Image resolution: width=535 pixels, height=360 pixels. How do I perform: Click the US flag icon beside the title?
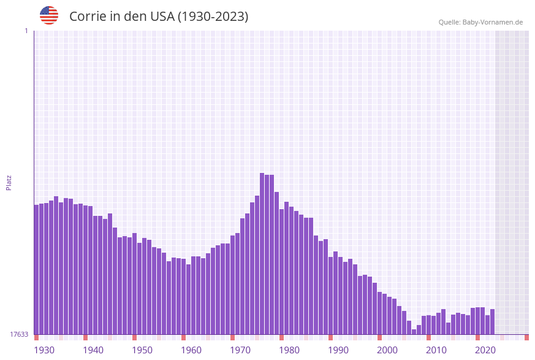pos(49,15)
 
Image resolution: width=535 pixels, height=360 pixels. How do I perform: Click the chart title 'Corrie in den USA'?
pos(159,17)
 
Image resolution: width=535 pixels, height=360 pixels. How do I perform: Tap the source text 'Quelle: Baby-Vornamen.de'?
pos(480,22)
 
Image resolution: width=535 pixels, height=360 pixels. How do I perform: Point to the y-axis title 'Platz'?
pos(9,182)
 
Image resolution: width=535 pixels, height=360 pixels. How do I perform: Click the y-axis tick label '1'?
pos(26,31)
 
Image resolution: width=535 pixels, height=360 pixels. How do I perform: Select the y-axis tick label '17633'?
pos(18,334)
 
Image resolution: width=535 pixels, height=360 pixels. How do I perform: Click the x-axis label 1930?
pos(44,350)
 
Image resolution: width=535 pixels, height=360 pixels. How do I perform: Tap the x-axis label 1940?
pos(93,350)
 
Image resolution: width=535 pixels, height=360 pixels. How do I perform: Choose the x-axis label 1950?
pos(142,350)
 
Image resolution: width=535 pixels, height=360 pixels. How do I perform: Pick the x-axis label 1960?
pos(191,350)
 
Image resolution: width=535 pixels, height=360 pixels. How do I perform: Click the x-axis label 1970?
pos(240,350)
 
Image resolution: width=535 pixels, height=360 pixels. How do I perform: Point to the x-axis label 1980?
pos(289,350)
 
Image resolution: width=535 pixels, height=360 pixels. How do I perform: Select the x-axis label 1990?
pos(338,350)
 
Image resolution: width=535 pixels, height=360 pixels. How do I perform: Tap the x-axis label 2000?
pos(387,350)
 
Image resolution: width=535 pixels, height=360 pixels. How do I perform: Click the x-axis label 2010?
pos(436,350)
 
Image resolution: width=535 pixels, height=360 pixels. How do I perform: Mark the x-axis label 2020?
pos(485,350)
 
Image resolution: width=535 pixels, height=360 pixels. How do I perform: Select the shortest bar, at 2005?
pos(414,332)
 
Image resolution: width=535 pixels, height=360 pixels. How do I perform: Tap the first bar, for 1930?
pos(37,269)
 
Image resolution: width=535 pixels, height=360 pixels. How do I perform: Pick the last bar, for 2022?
pos(493,321)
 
